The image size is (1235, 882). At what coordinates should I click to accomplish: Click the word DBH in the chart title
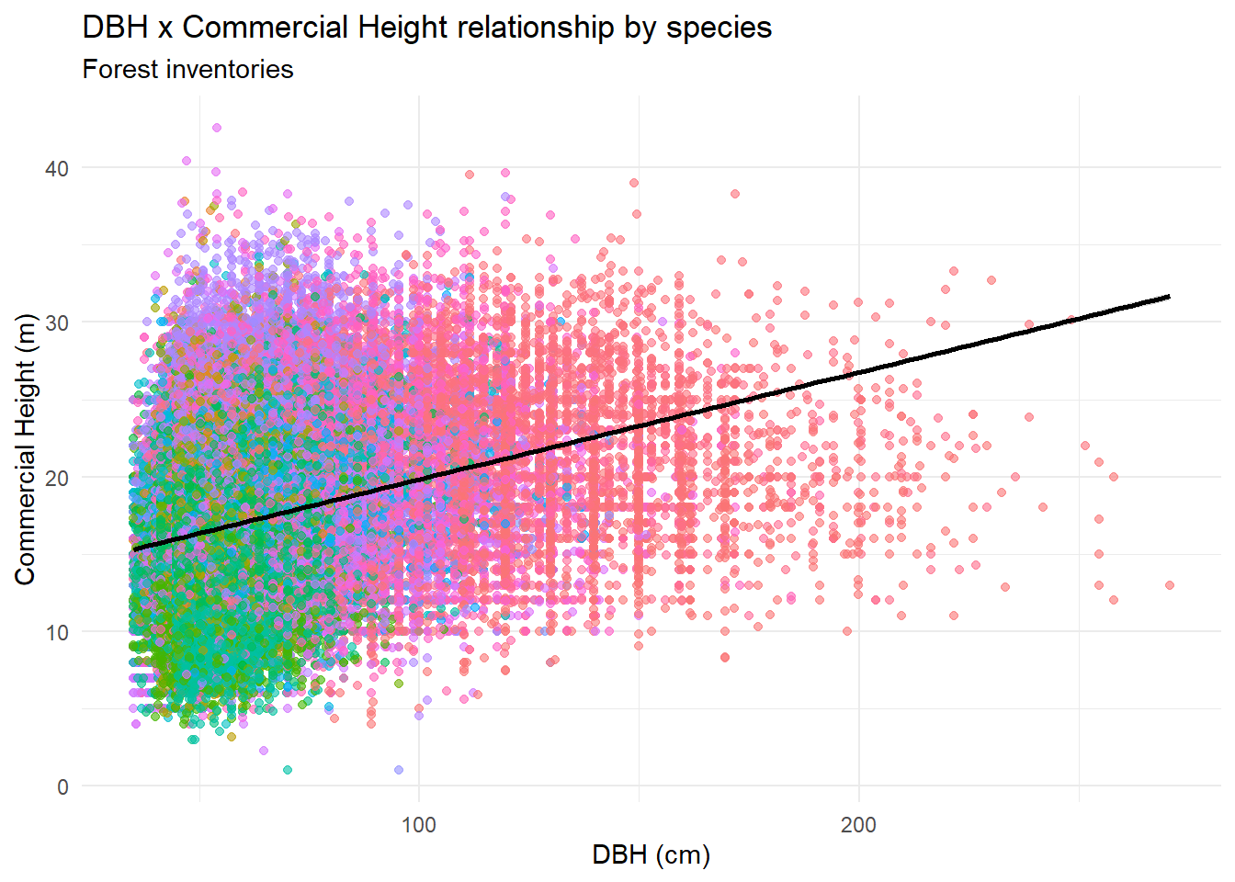click(116, 28)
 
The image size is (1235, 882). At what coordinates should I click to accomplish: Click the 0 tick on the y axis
click(62, 786)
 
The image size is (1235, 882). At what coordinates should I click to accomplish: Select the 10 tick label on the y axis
click(57, 632)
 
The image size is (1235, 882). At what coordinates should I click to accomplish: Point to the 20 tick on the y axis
click(57, 478)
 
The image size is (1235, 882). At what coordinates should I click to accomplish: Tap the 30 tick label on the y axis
click(57, 322)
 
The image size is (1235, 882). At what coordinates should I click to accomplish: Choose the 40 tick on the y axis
click(57, 168)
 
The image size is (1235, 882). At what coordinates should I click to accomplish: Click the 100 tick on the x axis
click(419, 824)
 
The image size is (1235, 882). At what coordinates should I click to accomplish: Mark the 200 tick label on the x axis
click(858, 824)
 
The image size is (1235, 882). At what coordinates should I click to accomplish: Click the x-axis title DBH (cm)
click(651, 855)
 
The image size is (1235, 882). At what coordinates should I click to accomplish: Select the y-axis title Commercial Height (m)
click(25, 448)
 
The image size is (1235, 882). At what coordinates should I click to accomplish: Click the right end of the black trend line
click(1169, 297)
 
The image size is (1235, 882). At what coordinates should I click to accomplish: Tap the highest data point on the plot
click(217, 128)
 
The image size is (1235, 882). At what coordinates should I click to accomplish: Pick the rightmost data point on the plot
click(1170, 585)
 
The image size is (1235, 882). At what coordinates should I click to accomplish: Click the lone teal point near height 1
click(288, 770)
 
